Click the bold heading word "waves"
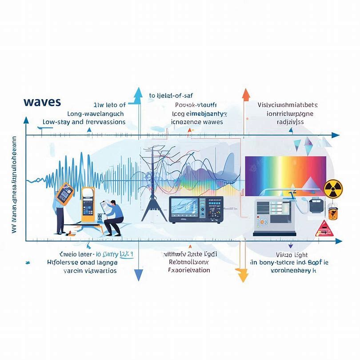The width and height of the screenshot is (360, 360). [42, 101]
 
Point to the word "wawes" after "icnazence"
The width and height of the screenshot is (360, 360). [212, 121]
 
